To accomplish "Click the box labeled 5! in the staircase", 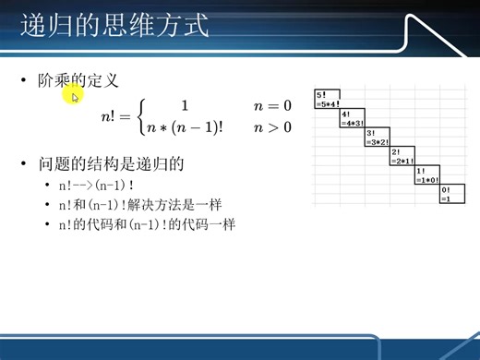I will (x=327, y=99).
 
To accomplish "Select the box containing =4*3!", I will (x=352, y=118).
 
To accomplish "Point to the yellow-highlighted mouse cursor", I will (x=75, y=95).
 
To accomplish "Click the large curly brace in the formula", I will (x=140, y=117).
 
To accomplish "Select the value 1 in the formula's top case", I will (x=185, y=106).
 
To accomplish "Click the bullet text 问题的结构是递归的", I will (x=112, y=165).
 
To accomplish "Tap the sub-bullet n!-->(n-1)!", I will (x=96, y=186).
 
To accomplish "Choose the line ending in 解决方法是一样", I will (x=139, y=204).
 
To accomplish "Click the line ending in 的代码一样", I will (x=146, y=222).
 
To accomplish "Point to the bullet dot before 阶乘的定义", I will (x=25, y=82).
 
